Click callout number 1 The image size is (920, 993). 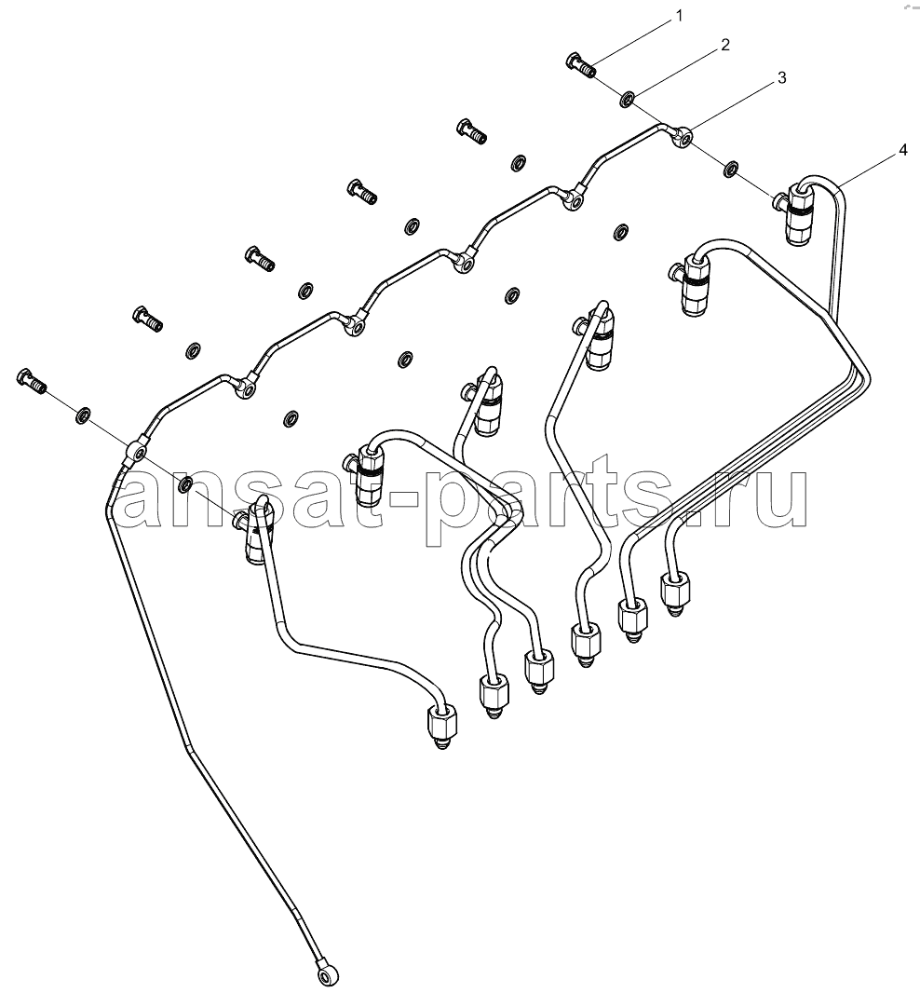pos(680,16)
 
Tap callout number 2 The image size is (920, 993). pos(725,45)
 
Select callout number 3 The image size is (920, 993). pos(781,78)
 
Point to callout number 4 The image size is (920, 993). pos(903,150)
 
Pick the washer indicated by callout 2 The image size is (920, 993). pos(628,99)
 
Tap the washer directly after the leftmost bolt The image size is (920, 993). pos(83,415)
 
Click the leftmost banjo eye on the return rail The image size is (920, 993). pos(137,451)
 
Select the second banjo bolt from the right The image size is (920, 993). pos(471,130)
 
